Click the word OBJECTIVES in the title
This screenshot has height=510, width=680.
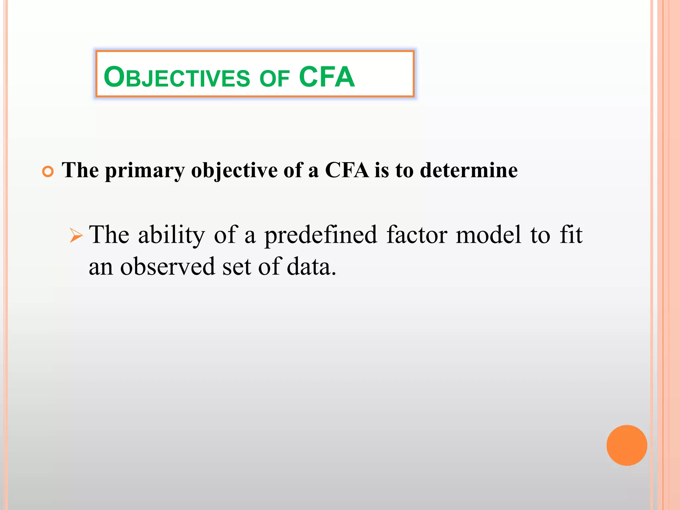[x=177, y=77]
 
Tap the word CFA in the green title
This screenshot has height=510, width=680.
[x=327, y=77]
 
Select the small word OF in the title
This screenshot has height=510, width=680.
[x=275, y=79]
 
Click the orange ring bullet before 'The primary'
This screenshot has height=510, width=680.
[x=48, y=172]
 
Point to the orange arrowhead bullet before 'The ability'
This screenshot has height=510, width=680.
[x=76, y=236]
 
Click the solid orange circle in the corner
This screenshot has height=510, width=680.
[x=627, y=445]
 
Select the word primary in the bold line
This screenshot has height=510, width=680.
[x=144, y=171]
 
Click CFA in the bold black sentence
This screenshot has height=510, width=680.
[x=347, y=170]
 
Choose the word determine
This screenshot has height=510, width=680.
[x=468, y=170]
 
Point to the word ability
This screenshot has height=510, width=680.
[x=172, y=235]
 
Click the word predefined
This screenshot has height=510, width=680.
[x=321, y=235]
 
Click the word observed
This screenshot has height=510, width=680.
[x=167, y=266]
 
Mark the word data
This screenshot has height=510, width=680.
[x=311, y=266]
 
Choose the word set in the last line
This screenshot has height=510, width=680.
[x=236, y=266]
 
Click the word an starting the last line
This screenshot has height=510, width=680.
[x=101, y=267]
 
